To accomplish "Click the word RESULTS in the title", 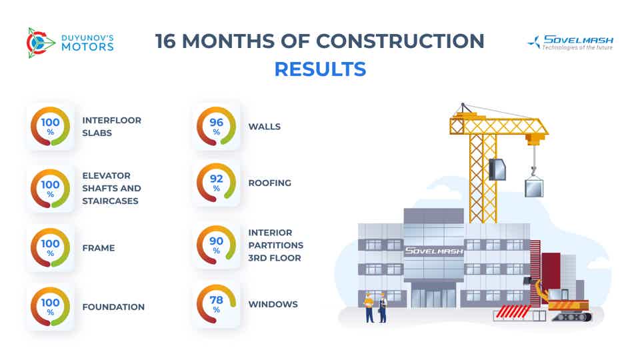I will tap(320, 69).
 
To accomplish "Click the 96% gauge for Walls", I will tap(216, 127).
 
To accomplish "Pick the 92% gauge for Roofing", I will tap(216, 183).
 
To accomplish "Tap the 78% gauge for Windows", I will tap(216, 305).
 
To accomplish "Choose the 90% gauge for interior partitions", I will tap(216, 245).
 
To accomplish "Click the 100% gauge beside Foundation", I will tap(51, 307).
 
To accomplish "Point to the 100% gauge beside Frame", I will tap(51, 248).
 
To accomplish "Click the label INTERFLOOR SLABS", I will tap(112, 127).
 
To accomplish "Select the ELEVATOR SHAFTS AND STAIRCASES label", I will tap(112, 188).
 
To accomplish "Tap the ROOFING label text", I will tap(269, 183).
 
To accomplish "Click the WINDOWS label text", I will tap(273, 305).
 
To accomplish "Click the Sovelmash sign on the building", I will tap(433, 251).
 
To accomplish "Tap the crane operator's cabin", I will tap(497, 169).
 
